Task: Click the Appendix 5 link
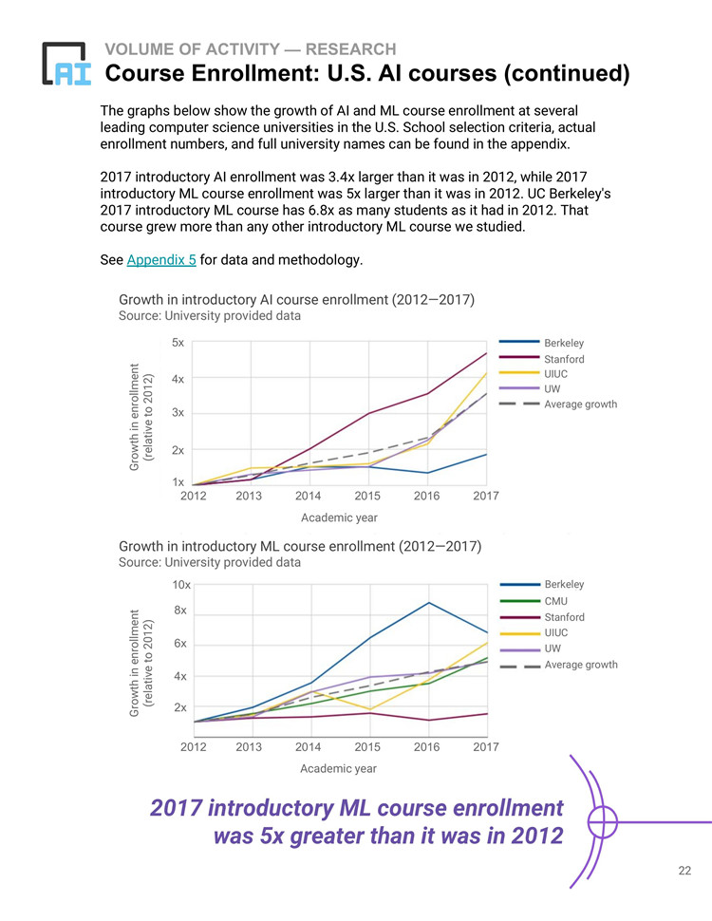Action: tap(161, 259)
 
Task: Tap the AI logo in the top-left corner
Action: tap(66, 64)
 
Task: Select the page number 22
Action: tap(684, 871)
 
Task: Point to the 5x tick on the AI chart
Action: tap(178, 343)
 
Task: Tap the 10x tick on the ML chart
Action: tap(181, 585)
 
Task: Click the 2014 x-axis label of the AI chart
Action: tap(308, 496)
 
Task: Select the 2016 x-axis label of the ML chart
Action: tap(426, 746)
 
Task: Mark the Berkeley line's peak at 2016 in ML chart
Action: tap(429, 603)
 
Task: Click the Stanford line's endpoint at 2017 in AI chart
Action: tap(486, 353)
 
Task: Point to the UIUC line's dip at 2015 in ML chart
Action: tap(369, 709)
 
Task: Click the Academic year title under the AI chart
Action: tap(339, 517)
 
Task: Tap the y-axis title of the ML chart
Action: tap(141, 663)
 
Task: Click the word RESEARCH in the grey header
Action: tap(350, 49)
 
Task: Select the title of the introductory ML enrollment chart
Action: tap(300, 546)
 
